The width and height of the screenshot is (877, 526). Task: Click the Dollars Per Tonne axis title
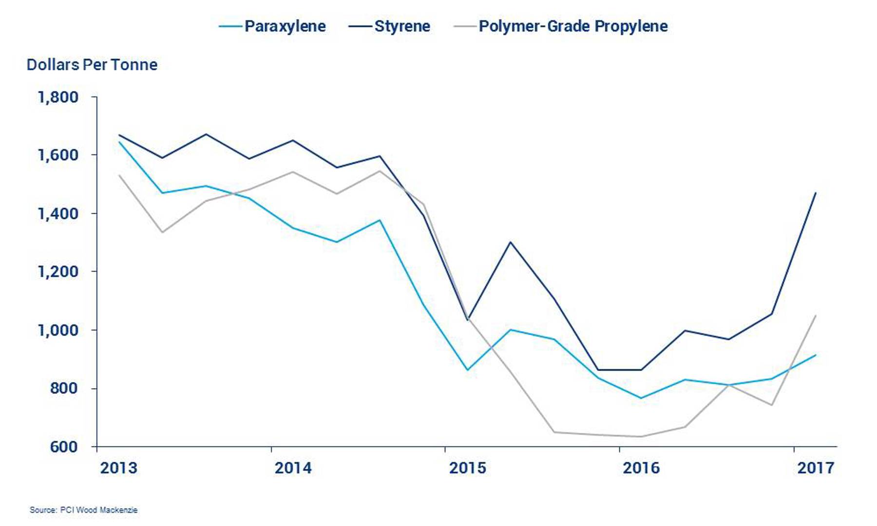tap(92, 65)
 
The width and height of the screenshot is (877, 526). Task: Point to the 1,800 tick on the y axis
tap(58, 97)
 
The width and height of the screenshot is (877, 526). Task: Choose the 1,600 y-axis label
tap(58, 155)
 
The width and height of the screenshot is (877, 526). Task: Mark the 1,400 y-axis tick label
tap(58, 213)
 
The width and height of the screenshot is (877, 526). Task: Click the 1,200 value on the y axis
tap(58, 271)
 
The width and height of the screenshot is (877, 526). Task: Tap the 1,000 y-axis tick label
tap(58, 330)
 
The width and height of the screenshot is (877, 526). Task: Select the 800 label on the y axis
tap(64, 388)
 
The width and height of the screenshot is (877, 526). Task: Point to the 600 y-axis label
tap(64, 447)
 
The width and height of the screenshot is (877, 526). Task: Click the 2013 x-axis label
tap(119, 468)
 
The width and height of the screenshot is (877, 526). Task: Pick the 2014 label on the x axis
tap(293, 468)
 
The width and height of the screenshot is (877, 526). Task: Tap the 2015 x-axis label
tap(468, 468)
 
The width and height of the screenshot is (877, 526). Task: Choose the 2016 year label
tap(641, 468)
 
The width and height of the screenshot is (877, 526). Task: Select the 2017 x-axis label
tap(816, 468)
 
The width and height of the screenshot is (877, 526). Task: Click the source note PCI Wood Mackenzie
tap(84, 510)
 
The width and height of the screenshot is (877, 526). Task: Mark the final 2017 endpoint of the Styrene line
tap(816, 193)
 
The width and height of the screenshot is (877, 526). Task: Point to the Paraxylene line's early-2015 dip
tap(468, 370)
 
